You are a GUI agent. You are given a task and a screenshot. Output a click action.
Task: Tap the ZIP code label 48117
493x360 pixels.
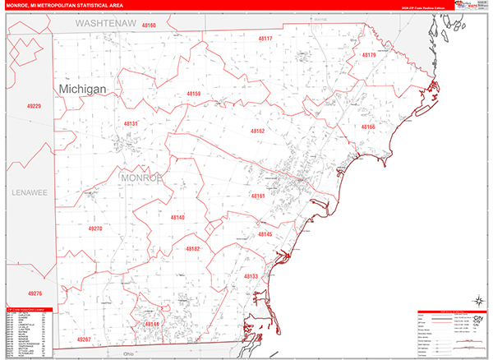click(x=265, y=39)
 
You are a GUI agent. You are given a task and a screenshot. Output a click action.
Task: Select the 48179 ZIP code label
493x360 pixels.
click(x=368, y=55)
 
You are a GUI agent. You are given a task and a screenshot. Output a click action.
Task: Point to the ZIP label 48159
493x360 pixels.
click(x=193, y=95)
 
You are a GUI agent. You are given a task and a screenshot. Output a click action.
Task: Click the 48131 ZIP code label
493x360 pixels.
click(x=131, y=123)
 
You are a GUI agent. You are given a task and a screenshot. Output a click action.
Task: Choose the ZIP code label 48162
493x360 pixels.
click(x=258, y=131)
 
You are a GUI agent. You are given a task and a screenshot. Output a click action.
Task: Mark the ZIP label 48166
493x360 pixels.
click(x=367, y=127)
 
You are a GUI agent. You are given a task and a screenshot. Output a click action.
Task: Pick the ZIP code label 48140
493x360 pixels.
click(x=177, y=217)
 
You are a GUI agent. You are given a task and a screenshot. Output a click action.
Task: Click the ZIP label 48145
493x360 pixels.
click(x=265, y=234)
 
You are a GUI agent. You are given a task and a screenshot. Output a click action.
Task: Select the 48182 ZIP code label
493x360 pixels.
click(x=192, y=248)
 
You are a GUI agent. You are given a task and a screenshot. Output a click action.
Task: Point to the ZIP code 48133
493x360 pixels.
click(x=251, y=276)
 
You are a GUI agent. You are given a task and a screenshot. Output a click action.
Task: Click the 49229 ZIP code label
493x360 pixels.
click(x=34, y=106)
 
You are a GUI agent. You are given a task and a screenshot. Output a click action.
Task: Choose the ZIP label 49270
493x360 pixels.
click(x=94, y=228)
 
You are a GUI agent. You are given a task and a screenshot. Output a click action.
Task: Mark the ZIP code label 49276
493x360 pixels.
click(x=34, y=293)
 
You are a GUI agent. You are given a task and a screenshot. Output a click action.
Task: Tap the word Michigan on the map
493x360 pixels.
click(x=86, y=88)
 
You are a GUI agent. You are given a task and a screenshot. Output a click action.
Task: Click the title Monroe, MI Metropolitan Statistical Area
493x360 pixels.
click(x=69, y=6)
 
